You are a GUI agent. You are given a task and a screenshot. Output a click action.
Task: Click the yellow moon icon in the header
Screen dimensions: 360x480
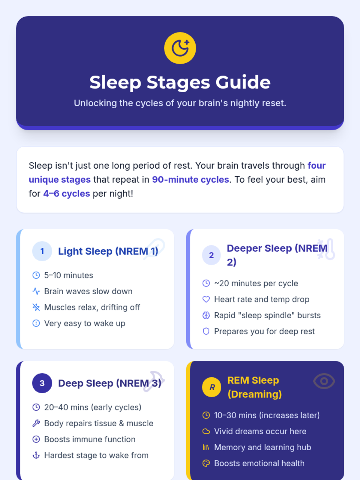(180, 48)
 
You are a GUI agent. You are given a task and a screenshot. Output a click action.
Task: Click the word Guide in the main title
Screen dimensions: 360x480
(243, 82)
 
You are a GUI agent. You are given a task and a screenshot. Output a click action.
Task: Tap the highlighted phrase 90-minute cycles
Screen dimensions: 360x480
(190, 179)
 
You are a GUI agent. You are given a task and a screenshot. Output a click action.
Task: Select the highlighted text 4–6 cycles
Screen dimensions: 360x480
(66, 193)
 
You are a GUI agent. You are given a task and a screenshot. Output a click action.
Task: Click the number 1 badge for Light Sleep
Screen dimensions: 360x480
(42, 251)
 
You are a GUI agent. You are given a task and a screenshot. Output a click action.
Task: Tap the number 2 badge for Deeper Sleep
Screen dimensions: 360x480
(211, 255)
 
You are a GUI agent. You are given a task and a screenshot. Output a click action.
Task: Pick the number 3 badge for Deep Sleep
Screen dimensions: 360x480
(42, 383)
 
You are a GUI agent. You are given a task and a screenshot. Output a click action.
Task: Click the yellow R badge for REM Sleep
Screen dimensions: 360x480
(211, 387)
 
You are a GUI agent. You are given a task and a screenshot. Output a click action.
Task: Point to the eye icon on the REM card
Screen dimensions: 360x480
(324, 381)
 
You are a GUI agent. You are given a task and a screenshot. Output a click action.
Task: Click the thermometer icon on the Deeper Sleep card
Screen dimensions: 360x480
(327, 249)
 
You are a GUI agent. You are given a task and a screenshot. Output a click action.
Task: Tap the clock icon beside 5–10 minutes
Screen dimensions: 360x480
(36, 275)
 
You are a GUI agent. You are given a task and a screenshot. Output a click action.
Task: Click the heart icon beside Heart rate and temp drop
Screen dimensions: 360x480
(206, 299)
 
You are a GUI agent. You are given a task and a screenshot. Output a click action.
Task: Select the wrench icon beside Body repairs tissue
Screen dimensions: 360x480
(36, 423)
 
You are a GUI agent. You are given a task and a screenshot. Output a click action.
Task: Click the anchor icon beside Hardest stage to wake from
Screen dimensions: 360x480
(36, 455)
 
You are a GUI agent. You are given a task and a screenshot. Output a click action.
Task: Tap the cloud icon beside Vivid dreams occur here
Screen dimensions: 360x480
(206, 431)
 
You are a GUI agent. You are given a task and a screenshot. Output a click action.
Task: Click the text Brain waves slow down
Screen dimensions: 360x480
(88, 291)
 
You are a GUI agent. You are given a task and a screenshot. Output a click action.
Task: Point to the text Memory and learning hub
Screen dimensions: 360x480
(262, 447)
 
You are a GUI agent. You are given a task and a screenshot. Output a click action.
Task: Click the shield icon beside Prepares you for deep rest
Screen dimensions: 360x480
(206, 331)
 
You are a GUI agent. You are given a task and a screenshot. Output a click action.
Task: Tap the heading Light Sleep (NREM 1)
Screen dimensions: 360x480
(108, 251)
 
